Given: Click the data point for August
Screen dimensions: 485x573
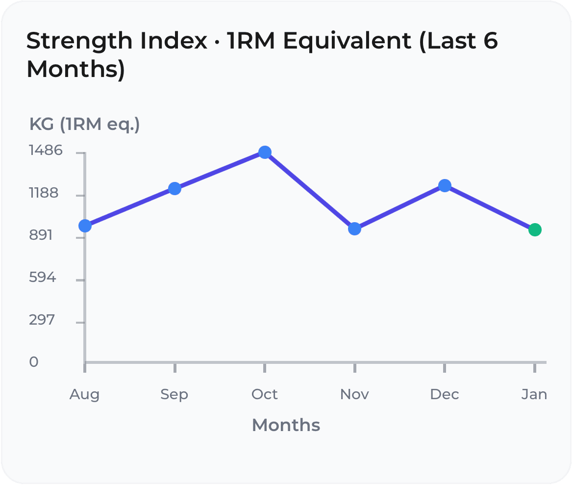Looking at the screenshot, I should [x=85, y=226].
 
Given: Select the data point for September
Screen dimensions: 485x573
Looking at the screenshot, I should [x=175, y=188].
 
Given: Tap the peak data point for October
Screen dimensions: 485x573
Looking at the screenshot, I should [x=265, y=153].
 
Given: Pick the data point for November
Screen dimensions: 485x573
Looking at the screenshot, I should [x=354, y=229].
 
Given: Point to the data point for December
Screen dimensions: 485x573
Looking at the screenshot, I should [x=445, y=185].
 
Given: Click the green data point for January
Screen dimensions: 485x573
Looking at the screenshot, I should [x=535, y=230].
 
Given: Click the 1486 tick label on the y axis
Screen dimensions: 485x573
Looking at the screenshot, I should [x=46, y=150].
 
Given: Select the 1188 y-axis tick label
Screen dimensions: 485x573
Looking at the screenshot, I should [x=44, y=193].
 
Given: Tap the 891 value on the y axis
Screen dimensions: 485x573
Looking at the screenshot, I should [x=41, y=235].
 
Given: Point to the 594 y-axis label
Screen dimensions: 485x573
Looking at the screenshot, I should [x=42, y=278].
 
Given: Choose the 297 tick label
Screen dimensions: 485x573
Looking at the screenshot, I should [x=42, y=320].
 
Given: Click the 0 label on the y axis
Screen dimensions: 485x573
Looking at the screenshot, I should [x=34, y=362].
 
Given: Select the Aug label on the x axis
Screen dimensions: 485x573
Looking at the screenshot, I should [x=84, y=394].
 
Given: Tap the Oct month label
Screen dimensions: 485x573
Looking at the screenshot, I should [x=265, y=394].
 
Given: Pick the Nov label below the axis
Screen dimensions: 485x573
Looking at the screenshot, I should [x=354, y=394].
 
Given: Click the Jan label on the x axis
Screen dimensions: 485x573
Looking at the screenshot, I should [x=534, y=394].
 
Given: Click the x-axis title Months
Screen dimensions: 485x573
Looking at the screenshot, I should [x=286, y=425].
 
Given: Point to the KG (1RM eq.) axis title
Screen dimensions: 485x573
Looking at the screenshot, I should [x=85, y=125].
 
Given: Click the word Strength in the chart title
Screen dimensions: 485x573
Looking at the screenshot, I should [x=79, y=41].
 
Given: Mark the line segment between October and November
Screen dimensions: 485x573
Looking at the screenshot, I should [x=310, y=191].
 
